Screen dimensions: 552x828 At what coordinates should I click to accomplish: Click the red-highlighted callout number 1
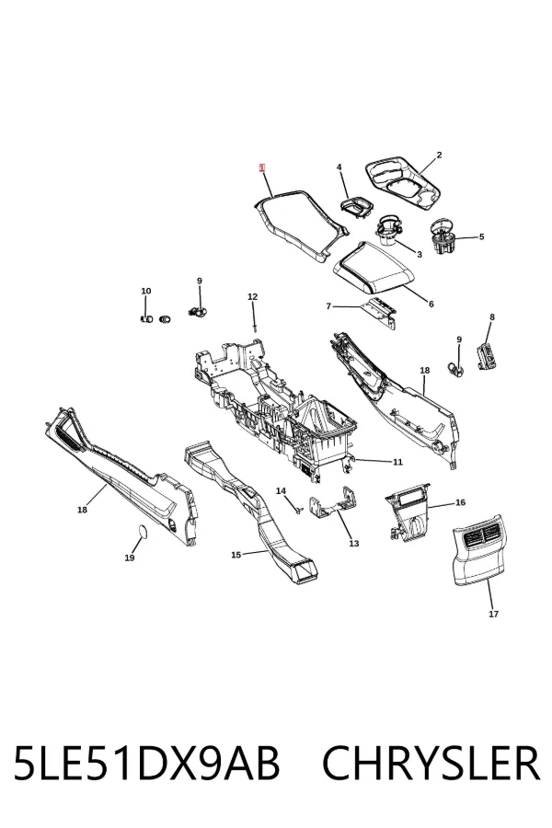[x=262, y=168]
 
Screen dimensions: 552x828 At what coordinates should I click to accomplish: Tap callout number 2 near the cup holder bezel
[x=439, y=155]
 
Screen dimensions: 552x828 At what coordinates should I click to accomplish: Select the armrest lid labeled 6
[x=374, y=269]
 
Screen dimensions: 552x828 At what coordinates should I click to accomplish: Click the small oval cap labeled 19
[x=142, y=531]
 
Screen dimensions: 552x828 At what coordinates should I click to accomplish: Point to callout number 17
[x=493, y=615]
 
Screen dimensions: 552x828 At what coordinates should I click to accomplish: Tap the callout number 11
[x=397, y=462]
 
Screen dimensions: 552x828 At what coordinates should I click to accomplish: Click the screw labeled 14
[x=298, y=509]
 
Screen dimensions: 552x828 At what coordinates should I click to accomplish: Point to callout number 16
[x=460, y=502]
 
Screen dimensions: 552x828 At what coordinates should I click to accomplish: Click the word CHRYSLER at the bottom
[x=431, y=763]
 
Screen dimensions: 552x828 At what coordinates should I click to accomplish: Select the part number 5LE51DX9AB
[x=145, y=763]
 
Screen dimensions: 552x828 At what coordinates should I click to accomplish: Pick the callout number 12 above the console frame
[x=252, y=297]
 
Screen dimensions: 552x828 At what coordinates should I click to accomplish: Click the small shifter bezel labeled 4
[x=356, y=206]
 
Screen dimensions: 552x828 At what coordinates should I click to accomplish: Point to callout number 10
[x=145, y=291]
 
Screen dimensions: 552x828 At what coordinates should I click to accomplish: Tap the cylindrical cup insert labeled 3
[x=388, y=231]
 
